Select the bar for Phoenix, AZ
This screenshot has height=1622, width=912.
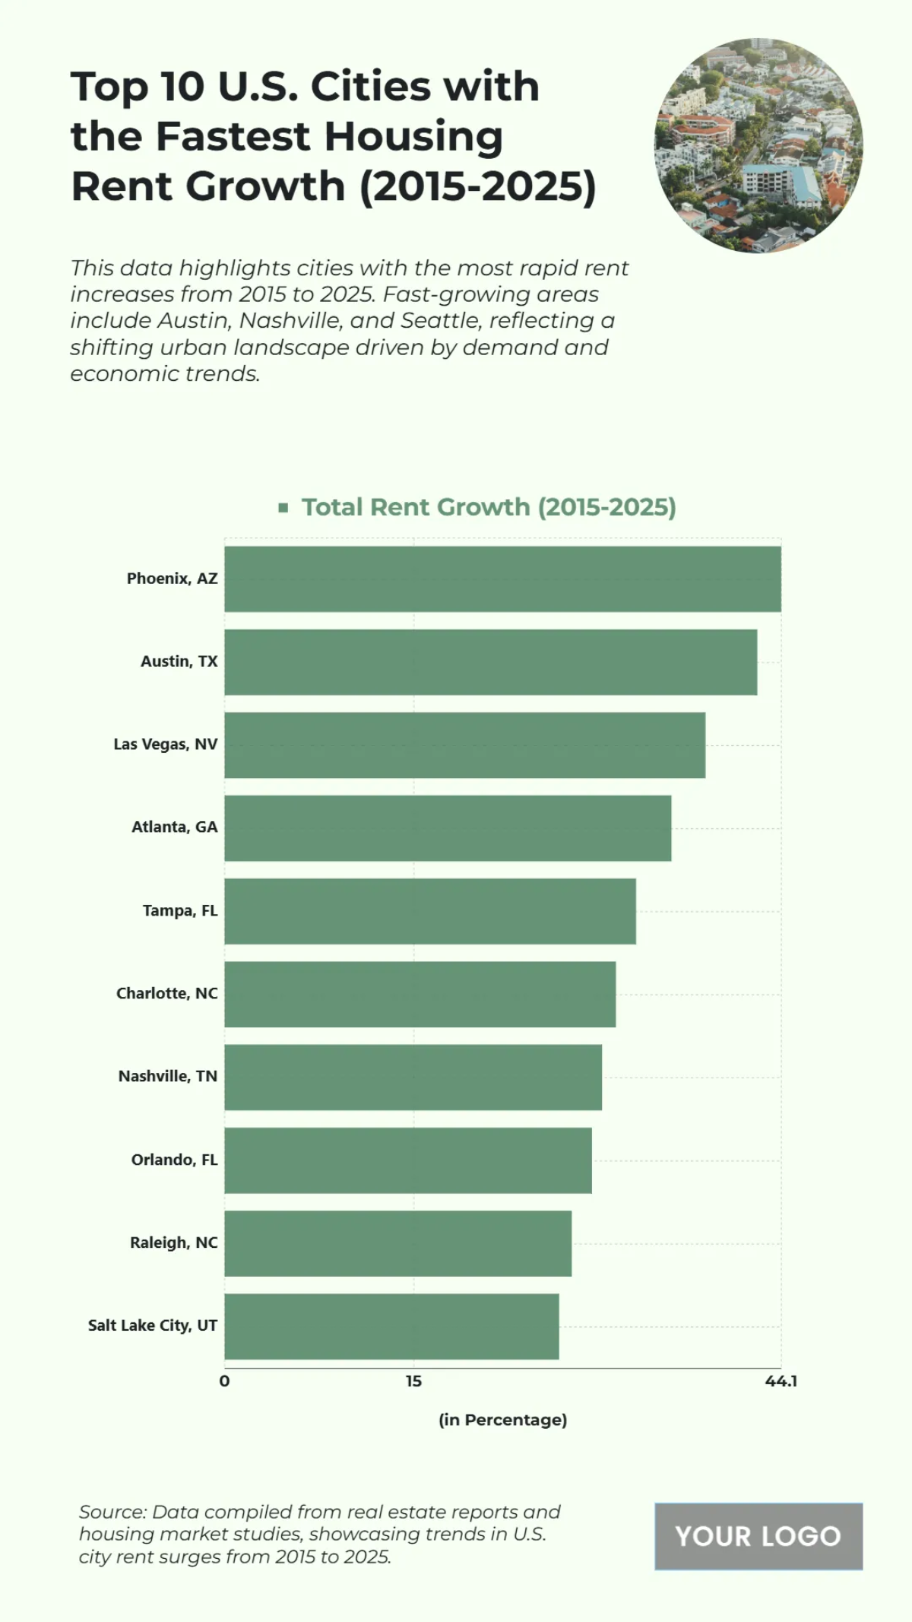coord(502,579)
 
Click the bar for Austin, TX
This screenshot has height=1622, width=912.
coord(490,662)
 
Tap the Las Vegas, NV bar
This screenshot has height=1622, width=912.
coord(464,744)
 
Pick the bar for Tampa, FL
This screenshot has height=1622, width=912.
coord(429,911)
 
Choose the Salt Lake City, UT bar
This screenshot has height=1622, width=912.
coord(391,1326)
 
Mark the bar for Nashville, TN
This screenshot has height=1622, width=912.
coord(413,1077)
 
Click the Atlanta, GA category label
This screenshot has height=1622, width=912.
coord(174,827)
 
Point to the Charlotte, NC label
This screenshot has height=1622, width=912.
coord(166,993)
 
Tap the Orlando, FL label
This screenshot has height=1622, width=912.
coord(174,1160)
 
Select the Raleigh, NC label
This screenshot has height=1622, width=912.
coord(173,1243)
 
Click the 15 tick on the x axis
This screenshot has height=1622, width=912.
coord(413,1381)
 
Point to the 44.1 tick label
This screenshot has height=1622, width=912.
coord(781,1381)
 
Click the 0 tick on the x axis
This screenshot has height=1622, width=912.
coord(224,1381)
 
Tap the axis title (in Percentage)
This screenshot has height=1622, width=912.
coord(502,1420)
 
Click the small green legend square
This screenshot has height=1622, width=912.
coord(283,507)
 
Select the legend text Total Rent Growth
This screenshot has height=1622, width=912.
coord(488,507)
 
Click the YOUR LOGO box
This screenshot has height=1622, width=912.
coord(758,1536)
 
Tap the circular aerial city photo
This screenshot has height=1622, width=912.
coord(758,145)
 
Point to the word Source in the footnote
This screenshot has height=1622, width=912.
coord(112,1512)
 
